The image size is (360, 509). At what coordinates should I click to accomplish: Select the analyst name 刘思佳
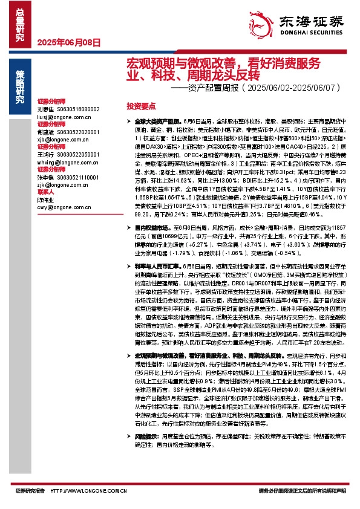point(46,109)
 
